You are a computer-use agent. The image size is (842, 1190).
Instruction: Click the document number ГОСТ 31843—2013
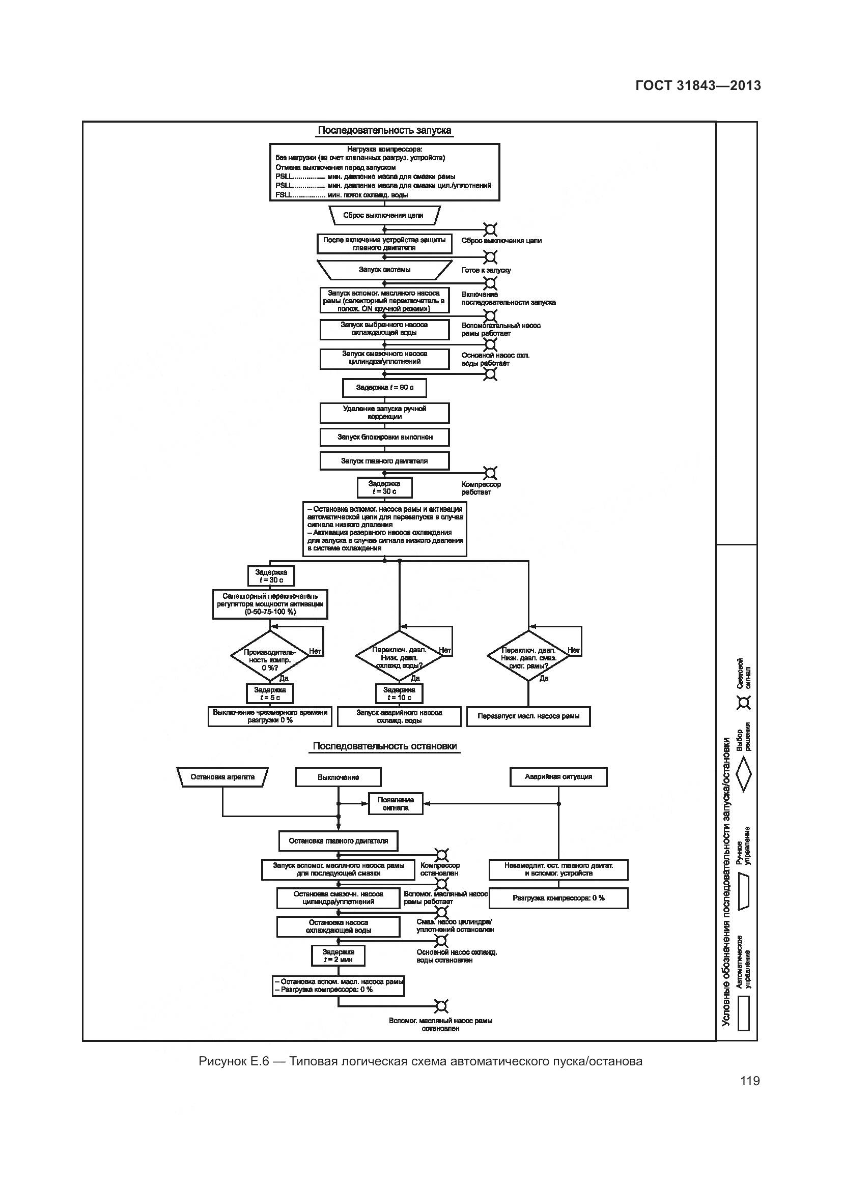click(x=698, y=85)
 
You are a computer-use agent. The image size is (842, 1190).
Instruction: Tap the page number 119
click(x=750, y=1081)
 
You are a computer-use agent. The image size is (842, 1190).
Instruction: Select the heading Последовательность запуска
click(x=384, y=130)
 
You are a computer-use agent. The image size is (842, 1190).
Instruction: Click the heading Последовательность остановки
click(x=384, y=746)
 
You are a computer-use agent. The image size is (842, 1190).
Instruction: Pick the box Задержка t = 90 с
click(x=384, y=388)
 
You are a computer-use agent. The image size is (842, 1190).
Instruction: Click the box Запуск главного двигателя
click(x=384, y=461)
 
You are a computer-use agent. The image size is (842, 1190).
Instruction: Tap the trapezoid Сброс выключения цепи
click(x=384, y=215)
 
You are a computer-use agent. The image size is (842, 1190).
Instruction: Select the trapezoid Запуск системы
click(x=384, y=270)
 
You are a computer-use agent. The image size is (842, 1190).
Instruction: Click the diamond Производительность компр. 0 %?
click(x=270, y=656)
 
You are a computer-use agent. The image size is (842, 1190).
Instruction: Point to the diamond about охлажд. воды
click(x=399, y=656)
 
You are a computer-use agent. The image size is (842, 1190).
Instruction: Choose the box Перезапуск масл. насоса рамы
click(x=528, y=716)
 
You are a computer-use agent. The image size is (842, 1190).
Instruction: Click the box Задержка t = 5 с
click(x=270, y=693)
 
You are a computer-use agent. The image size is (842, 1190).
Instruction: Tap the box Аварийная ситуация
click(x=558, y=777)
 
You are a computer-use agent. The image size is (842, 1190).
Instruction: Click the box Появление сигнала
click(x=396, y=804)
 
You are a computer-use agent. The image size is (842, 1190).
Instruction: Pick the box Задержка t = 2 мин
click(x=338, y=956)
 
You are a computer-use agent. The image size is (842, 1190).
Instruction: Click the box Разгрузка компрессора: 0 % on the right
click(x=558, y=898)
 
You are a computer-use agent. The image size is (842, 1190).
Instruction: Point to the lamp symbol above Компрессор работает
click(x=490, y=473)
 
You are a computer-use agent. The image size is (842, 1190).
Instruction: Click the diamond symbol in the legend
click(x=744, y=774)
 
